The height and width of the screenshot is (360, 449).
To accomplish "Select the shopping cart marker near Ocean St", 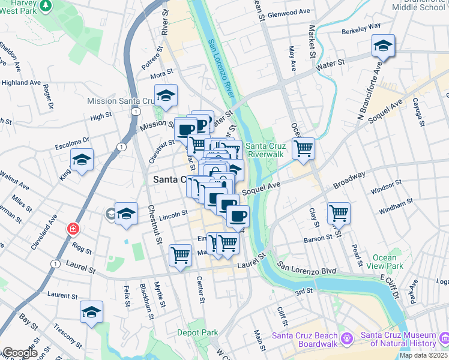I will (304, 148).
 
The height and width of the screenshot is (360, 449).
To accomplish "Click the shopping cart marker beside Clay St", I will (339, 212).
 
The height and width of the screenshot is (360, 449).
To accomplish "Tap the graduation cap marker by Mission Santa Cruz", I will (166, 95).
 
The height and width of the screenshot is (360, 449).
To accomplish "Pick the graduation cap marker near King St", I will (82, 160).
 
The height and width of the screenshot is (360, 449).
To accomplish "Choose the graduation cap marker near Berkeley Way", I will (382, 46).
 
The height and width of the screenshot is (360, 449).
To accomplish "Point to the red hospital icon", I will (73, 229).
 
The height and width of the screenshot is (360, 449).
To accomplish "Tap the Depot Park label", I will (197, 332).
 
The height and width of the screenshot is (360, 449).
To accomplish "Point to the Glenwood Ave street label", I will (289, 12).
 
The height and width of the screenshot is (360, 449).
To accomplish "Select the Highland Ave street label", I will (20, 82).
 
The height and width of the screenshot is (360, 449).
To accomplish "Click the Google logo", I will (20, 353).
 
